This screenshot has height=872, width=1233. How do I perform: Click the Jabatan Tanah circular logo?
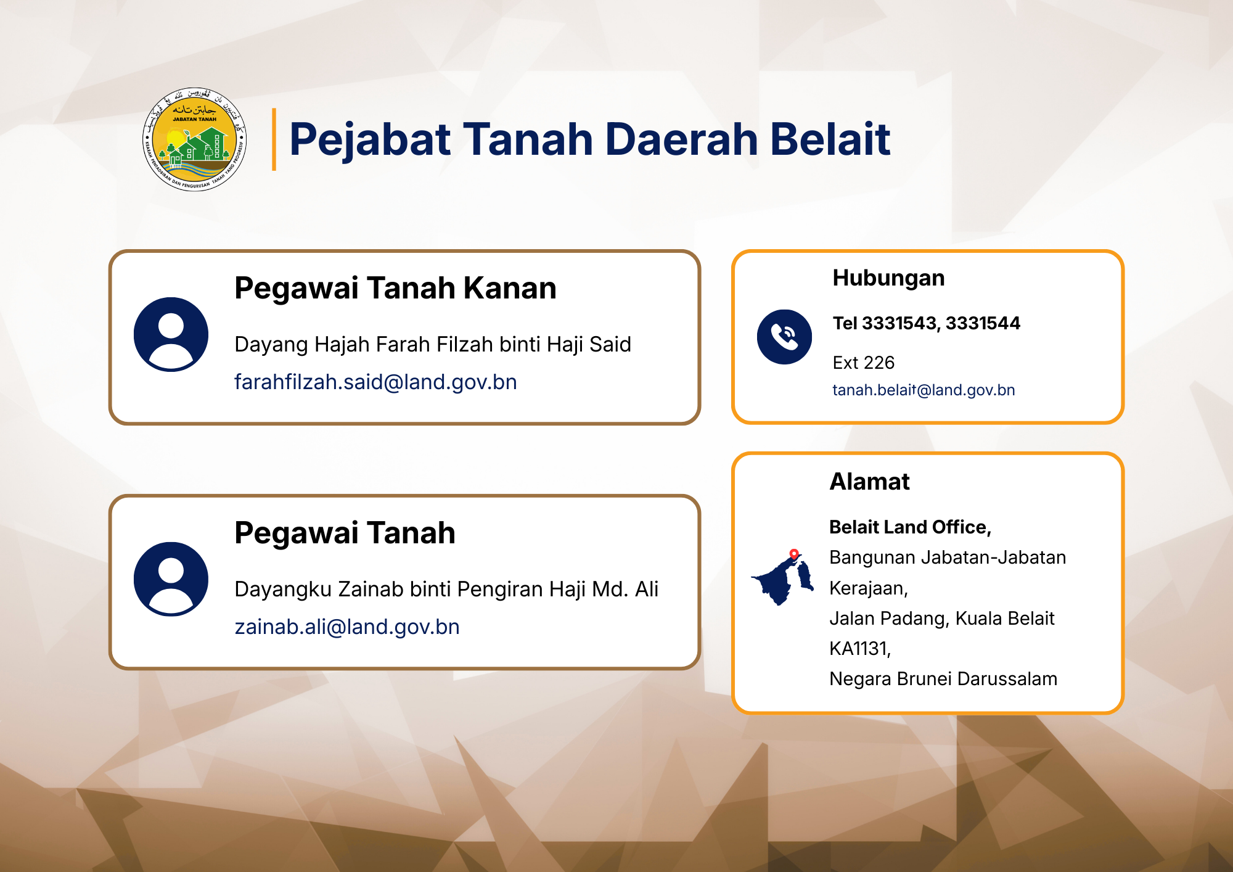[195, 139]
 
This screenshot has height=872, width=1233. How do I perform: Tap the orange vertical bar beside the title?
[274, 139]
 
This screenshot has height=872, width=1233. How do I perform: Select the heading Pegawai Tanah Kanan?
[395, 288]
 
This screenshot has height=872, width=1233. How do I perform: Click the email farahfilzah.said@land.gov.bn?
[375, 382]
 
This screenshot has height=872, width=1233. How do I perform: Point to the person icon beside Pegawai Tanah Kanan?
[171, 334]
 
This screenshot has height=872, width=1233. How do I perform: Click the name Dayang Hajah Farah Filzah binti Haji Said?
[433, 344]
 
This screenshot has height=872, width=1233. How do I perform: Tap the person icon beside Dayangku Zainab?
[171, 579]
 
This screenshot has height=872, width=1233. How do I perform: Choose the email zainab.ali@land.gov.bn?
[347, 627]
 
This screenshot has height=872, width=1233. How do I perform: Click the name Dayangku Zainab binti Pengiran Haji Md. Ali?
[446, 589]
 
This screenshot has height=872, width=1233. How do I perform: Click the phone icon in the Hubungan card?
[784, 337]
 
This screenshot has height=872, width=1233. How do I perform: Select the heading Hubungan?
[888, 278]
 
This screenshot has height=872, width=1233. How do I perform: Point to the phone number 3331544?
[983, 323]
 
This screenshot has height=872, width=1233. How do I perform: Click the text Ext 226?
[863, 363]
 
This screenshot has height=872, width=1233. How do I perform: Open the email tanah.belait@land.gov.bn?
[924, 390]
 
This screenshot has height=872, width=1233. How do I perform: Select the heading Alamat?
[869, 482]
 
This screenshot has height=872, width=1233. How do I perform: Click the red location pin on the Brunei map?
[794, 554]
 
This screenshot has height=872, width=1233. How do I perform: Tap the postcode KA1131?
[860, 649]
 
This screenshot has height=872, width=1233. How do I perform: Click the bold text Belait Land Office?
[910, 527]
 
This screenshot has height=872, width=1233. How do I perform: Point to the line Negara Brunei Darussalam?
[943, 679]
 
